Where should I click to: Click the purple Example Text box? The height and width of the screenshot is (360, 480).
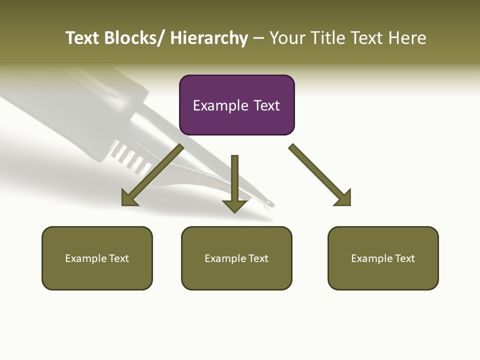point(236,105)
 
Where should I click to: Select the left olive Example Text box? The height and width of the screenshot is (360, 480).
point(97,258)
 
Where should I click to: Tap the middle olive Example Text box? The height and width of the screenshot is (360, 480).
point(236,258)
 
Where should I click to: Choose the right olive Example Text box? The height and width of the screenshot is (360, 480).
point(383,258)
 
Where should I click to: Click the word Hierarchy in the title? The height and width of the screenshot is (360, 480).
point(209,38)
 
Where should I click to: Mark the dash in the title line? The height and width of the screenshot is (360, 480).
point(258,38)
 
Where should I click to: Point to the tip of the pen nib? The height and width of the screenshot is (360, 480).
point(270,204)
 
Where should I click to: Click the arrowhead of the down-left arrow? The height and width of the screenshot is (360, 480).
point(130,197)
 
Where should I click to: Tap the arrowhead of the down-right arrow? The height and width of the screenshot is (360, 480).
point(343,197)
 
